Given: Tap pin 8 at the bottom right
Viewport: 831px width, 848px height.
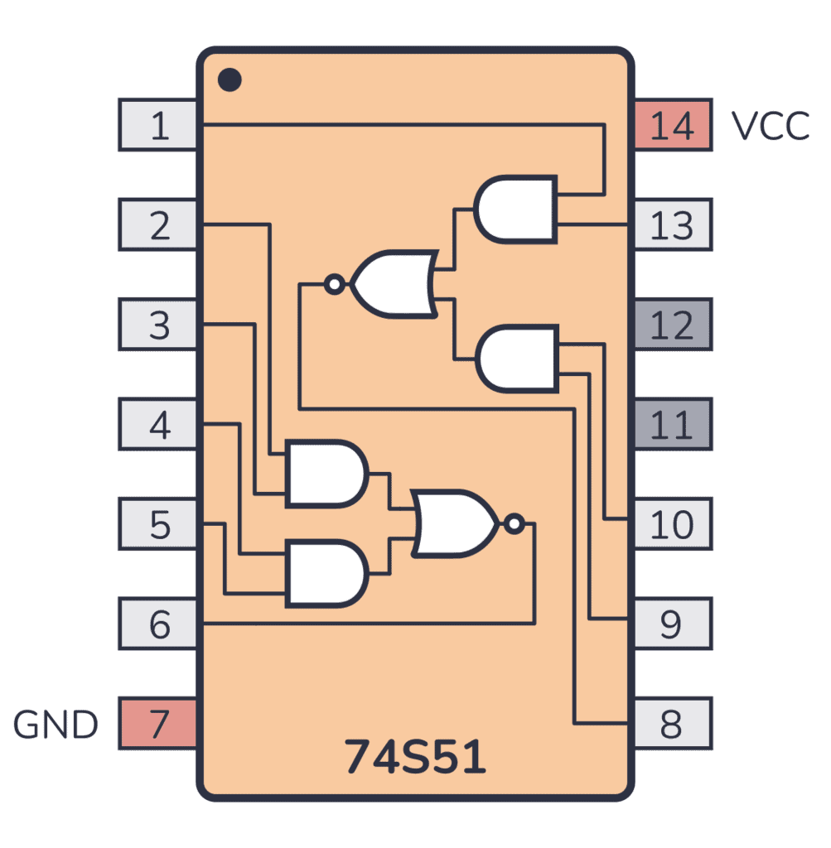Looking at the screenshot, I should (x=672, y=724).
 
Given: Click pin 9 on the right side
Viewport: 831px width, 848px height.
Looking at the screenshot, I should (x=672, y=624).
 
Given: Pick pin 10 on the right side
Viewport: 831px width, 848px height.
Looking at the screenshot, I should (x=672, y=523).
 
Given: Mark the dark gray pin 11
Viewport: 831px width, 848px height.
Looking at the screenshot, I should (x=672, y=424).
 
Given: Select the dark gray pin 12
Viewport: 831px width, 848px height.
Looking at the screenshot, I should (x=672, y=325).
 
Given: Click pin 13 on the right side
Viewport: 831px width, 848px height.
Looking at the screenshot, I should (x=672, y=224).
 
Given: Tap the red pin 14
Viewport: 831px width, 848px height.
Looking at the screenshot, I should (x=672, y=125).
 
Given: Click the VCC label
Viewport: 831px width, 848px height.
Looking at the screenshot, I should (x=771, y=126).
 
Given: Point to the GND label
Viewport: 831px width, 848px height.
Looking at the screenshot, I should (x=56, y=725).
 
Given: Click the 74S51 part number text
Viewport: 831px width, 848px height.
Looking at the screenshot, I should (x=415, y=756).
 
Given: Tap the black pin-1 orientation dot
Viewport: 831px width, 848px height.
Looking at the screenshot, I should (x=229, y=79).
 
